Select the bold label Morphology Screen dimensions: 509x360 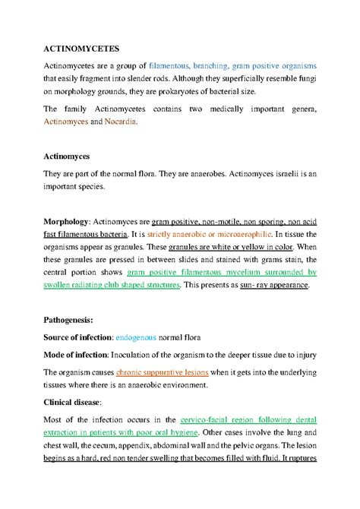pos(66,220)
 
